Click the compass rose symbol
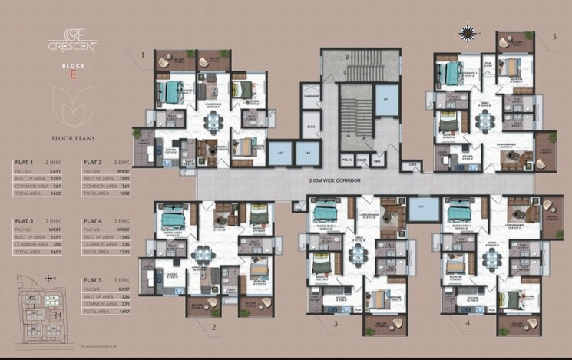(466, 32)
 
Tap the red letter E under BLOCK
(73, 75)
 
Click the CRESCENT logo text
(73, 45)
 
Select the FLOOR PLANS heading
(72, 140)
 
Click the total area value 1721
(121, 252)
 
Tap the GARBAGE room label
(311, 97)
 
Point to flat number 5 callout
(554, 36)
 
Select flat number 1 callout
(143, 55)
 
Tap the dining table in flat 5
(485, 118)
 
